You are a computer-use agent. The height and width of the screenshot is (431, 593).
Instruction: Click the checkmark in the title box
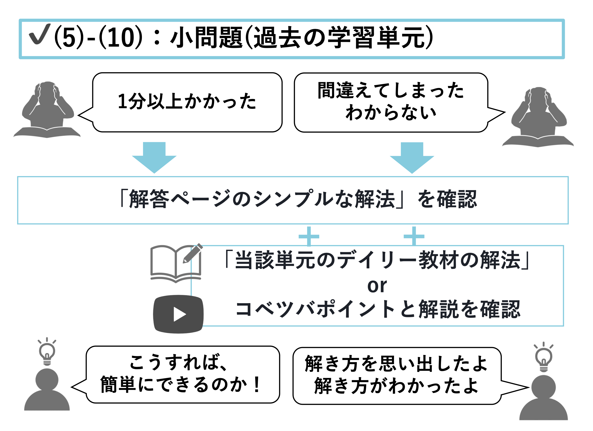tap(39, 34)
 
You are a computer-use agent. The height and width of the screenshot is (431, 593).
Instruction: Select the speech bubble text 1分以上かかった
tap(187, 101)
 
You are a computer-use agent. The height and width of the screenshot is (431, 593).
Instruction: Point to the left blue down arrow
tap(154, 157)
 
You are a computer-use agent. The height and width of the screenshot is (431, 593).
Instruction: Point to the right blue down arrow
tap(412, 157)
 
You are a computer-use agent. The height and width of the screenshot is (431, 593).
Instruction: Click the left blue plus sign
tap(309, 236)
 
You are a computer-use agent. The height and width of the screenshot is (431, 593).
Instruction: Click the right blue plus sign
tap(414, 236)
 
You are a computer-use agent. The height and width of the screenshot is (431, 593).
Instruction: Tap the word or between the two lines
tap(377, 286)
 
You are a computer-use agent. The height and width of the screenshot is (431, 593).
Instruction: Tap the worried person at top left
tap(47, 110)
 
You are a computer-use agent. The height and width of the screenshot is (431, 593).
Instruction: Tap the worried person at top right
tap(539, 116)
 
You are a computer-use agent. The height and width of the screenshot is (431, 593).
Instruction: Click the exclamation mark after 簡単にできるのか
tap(257, 385)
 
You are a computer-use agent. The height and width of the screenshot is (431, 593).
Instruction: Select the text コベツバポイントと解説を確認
tap(378, 309)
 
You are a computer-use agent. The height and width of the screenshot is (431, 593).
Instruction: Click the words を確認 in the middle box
tap(447, 199)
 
